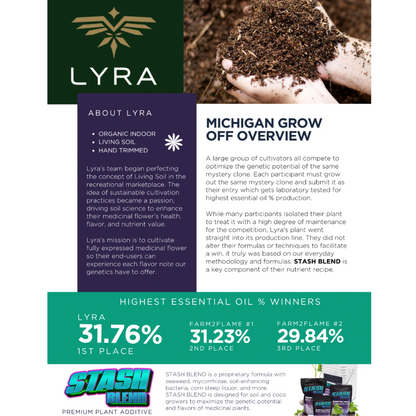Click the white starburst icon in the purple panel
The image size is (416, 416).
(x=172, y=142)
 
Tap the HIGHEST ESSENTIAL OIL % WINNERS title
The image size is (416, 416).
(x=208, y=301)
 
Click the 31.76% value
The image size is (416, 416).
(x=120, y=334)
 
